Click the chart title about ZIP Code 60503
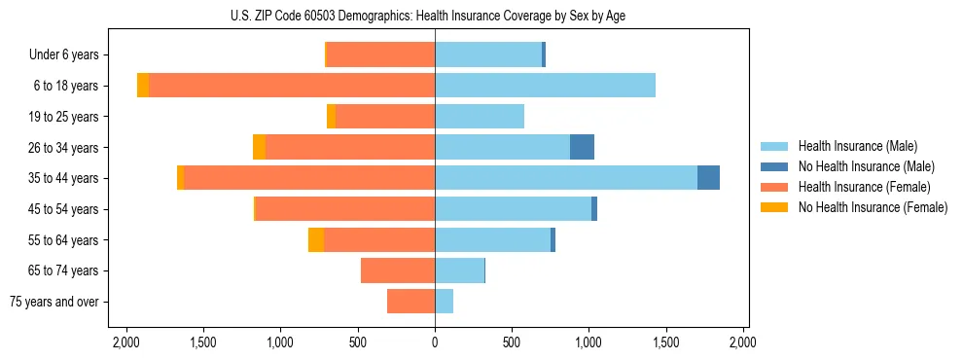pos(435,16)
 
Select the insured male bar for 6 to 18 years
pos(545,86)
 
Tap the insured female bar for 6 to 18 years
pos(292,86)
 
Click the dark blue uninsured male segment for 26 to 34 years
pos(582,147)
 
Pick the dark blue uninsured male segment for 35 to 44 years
pos(708,178)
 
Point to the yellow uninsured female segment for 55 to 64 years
pos(316,239)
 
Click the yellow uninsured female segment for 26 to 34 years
pos(259,147)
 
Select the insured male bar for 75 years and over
pos(444,302)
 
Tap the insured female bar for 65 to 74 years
pos(398,270)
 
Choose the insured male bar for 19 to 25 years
pos(480,117)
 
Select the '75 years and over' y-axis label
pos(54,302)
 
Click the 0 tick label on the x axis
pos(435,342)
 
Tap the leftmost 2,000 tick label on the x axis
pos(125,342)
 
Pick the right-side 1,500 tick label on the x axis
pos(666,342)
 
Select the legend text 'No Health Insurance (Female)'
pos(873,207)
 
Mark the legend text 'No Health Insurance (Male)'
pos(866,166)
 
